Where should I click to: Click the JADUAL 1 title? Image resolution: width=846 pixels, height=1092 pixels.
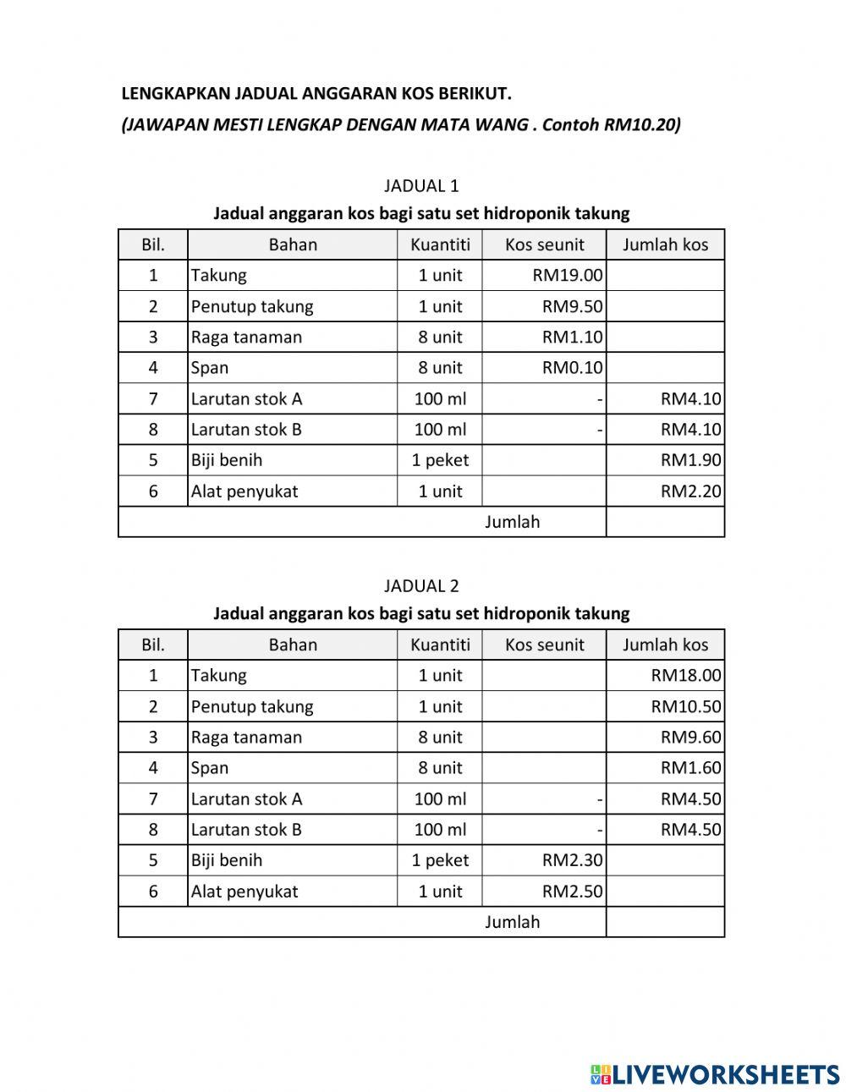421,186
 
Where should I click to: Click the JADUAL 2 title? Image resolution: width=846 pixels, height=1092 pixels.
421,586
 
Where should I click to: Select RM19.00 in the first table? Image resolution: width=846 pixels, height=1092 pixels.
568,275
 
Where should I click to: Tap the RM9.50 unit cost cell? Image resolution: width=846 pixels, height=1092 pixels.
572,306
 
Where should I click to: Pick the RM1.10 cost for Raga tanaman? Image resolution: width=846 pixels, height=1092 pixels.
572,337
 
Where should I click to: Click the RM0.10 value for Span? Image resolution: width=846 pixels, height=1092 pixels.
572,367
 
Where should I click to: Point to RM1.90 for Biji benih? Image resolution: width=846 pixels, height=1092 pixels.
690,460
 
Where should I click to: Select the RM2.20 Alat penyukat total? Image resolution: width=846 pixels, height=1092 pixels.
690,491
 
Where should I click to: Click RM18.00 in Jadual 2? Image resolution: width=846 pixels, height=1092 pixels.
686,675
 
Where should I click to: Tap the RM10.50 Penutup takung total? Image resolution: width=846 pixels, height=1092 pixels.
686,706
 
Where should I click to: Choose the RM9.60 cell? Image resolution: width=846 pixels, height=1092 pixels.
690,737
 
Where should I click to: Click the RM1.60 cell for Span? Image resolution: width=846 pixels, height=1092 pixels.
690,768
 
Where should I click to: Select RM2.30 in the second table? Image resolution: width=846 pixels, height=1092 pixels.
572,860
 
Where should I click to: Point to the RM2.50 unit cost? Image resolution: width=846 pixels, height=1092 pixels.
572,892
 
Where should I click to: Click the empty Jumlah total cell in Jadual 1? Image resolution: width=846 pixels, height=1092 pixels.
665,522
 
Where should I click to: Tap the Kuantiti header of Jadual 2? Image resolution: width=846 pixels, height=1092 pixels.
440,645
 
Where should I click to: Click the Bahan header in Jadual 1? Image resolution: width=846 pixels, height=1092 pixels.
293,244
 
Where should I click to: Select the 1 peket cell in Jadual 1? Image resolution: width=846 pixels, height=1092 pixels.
440,460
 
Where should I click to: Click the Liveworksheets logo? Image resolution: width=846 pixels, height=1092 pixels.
715,1074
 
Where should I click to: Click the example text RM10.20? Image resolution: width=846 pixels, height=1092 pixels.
641,125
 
